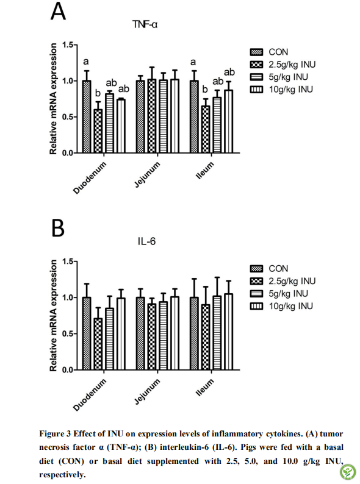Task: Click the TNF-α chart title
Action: click(145, 24)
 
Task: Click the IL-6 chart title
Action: click(147, 241)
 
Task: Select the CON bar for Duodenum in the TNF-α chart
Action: click(87, 116)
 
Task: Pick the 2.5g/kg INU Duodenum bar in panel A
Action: click(98, 131)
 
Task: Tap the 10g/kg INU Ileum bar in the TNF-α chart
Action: click(229, 122)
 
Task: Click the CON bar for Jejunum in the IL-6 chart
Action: click(140, 333)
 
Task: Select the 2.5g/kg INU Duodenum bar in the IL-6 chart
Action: click(98, 344)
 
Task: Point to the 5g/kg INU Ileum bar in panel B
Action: click(217, 333)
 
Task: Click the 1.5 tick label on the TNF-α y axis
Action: click(68, 45)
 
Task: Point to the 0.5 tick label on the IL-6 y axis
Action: click(68, 334)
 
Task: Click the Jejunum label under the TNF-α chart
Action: click(148, 175)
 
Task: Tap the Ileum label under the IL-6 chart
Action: click(205, 387)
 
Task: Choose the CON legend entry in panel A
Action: click(269, 52)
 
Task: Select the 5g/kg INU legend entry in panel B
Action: click(279, 294)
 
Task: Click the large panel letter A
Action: click(58, 11)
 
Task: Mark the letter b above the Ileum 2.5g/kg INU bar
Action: click(205, 90)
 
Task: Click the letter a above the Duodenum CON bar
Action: click(86, 62)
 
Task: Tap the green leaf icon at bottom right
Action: click(348, 472)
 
